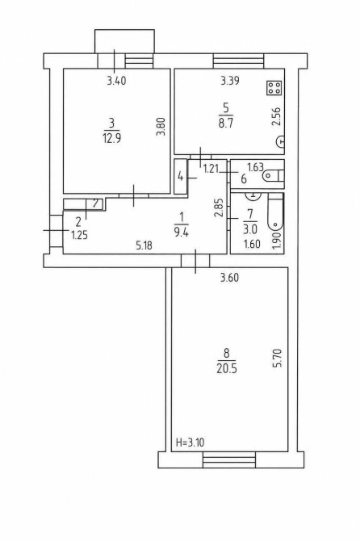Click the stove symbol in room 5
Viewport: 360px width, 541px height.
pos(274,88)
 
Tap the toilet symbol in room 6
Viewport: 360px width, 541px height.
pos(273,175)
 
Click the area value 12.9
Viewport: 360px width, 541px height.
pos(111,139)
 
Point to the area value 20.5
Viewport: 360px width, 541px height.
pos(227,369)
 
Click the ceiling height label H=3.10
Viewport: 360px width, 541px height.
pos(190,442)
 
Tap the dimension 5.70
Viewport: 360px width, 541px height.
pos(277,359)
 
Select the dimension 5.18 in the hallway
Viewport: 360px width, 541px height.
pos(144,245)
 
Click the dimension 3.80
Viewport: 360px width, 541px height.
pos(161,127)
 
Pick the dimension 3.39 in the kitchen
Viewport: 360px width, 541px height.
pos(230,81)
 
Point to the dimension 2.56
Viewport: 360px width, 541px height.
pos(277,117)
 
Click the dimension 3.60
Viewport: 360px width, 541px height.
pos(229,278)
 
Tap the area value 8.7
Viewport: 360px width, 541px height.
pos(225,124)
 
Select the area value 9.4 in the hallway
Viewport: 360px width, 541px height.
pos(181,233)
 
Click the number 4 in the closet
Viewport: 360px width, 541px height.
pos(180,177)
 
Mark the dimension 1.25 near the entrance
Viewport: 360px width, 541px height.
pos(79,236)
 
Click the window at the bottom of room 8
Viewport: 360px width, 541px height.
pos(229,459)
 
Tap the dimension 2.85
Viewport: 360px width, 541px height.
pos(218,208)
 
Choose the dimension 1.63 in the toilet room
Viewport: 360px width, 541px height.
pos(256,168)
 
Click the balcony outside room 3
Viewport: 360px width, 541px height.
pos(124,41)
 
